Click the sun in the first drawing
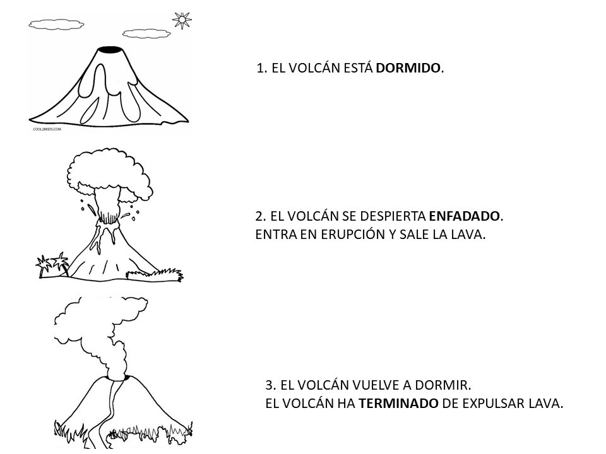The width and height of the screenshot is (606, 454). [x=182, y=20]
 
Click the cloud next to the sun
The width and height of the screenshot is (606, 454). [x=146, y=33]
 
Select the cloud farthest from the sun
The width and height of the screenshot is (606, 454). [x=56, y=25]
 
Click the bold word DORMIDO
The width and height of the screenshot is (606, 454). [x=408, y=68]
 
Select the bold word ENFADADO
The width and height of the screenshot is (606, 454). [x=465, y=216]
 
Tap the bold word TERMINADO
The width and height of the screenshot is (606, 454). [x=398, y=404]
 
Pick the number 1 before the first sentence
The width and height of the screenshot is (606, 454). [x=261, y=68]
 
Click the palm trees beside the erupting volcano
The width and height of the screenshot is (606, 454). [x=52, y=265]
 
